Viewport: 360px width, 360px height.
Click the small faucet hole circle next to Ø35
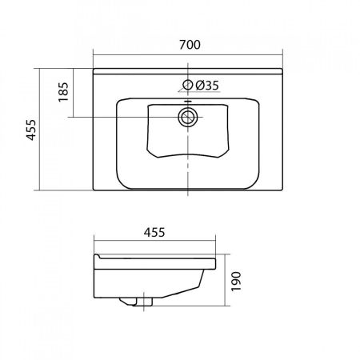click(x=189, y=85)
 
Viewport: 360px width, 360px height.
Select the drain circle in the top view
click(x=189, y=118)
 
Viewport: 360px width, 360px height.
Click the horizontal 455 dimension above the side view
click(x=154, y=233)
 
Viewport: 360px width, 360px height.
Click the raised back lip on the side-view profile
click(x=98, y=262)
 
